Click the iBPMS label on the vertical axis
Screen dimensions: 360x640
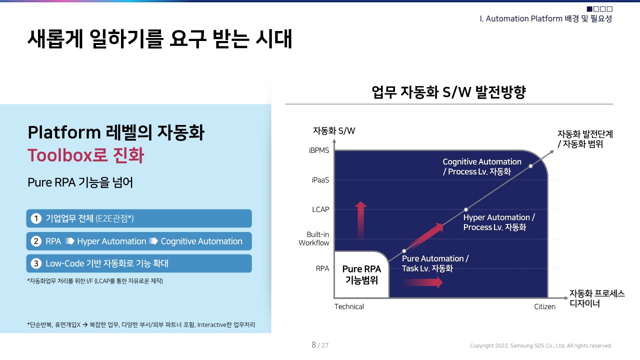319,150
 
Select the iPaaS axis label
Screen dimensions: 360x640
320,180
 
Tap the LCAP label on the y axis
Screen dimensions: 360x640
320,209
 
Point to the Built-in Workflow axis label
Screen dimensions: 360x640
314,239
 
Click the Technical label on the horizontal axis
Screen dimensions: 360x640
349,306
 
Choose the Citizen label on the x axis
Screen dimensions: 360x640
544,306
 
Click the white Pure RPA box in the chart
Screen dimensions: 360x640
361,274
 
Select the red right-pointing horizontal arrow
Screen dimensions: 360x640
423,282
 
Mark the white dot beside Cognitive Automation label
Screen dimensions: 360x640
530,166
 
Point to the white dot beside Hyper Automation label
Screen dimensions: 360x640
466,209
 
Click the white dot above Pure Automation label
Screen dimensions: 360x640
404,250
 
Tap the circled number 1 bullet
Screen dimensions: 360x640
35,218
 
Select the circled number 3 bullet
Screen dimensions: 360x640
35,263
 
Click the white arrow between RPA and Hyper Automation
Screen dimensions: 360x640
69,241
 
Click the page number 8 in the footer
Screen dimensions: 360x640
313,344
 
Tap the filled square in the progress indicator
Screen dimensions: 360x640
589,9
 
